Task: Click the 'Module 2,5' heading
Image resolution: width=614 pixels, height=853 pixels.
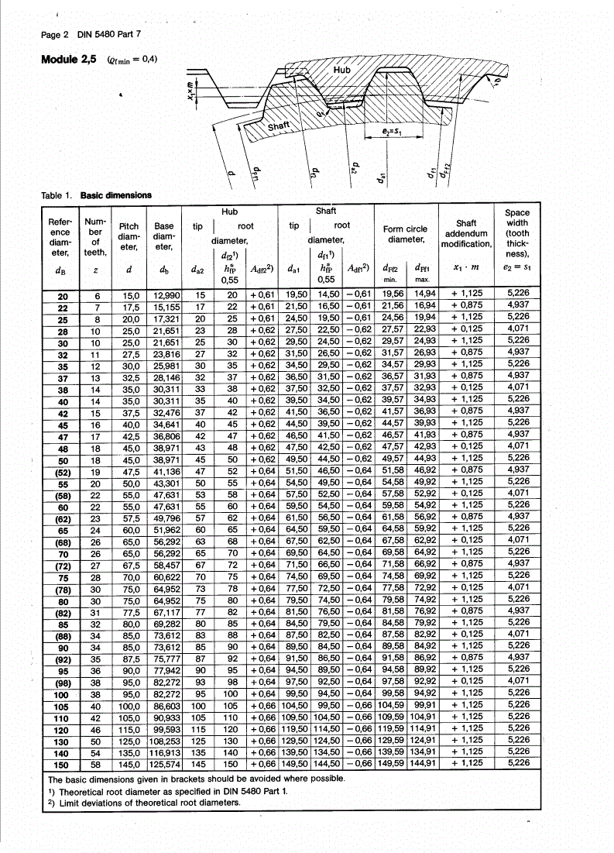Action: pyautogui.click(x=69, y=59)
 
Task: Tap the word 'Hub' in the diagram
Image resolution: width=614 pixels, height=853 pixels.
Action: pyautogui.click(x=341, y=70)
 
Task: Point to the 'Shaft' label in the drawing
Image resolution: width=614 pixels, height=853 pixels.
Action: pyautogui.click(x=279, y=126)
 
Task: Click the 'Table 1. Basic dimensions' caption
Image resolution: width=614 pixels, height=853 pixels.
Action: pyautogui.click(x=97, y=195)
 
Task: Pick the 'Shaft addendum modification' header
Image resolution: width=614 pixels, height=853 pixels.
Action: pyautogui.click(x=466, y=233)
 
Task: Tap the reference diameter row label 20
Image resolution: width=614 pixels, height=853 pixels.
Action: pyautogui.click(x=63, y=295)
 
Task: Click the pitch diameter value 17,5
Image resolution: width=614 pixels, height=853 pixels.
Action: pyautogui.click(x=130, y=306)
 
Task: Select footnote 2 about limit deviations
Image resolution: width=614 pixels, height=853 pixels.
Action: pyautogui.click(x=144, y=802)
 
